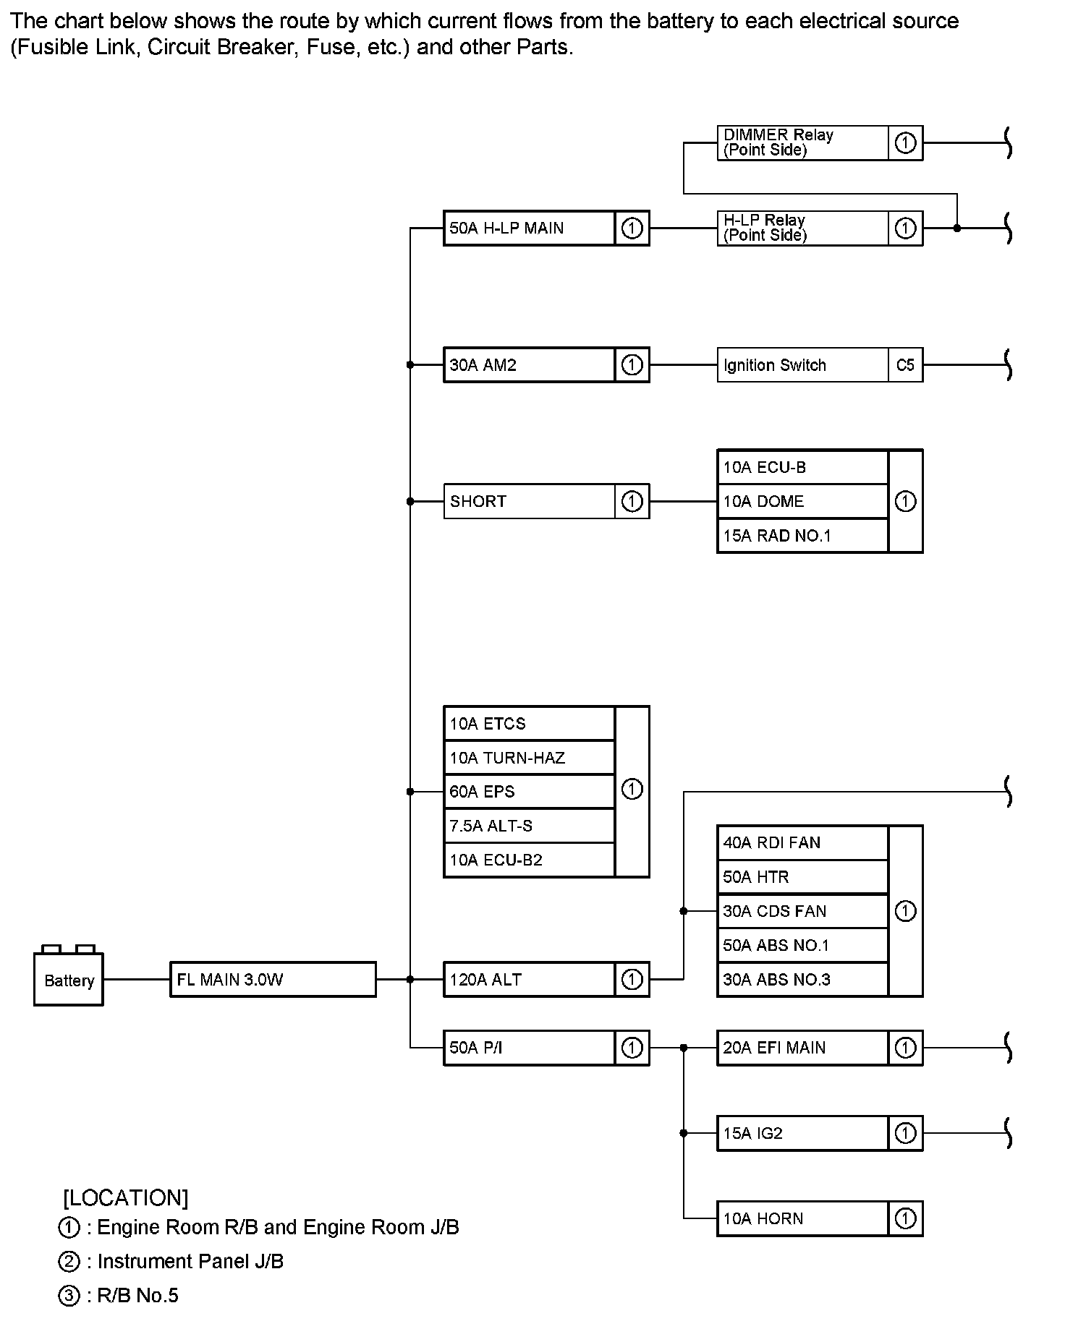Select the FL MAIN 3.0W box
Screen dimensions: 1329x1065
point(273,980)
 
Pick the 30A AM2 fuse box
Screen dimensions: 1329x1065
point(529,365)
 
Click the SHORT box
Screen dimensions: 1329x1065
point(529,501)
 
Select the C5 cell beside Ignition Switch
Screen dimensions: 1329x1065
point(905,365)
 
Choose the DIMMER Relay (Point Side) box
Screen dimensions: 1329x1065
point(802,142)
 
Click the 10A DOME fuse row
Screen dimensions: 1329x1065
point(802,501)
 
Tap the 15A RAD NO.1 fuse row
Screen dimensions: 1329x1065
point(802,536)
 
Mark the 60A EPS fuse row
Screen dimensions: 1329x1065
point(529,792)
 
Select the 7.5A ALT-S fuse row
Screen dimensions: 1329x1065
point(529,826)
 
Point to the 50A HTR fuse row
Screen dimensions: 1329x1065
point(802,877)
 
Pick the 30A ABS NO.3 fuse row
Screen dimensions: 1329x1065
point(802,980)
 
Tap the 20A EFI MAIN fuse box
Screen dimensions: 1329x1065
point(802,1048)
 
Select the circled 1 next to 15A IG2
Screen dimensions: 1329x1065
point(905,1133)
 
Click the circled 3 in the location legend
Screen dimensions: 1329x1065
point(69,1296)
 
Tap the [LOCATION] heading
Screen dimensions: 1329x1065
point(126,1198)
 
